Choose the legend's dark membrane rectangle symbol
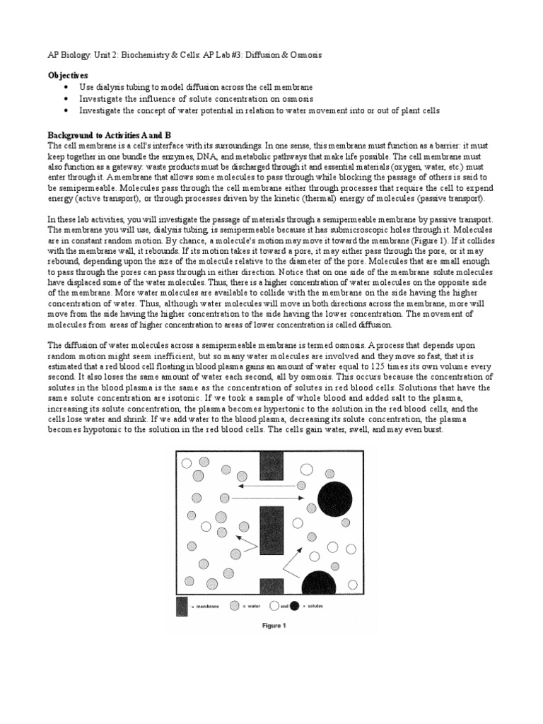click(x=182, y=606)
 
